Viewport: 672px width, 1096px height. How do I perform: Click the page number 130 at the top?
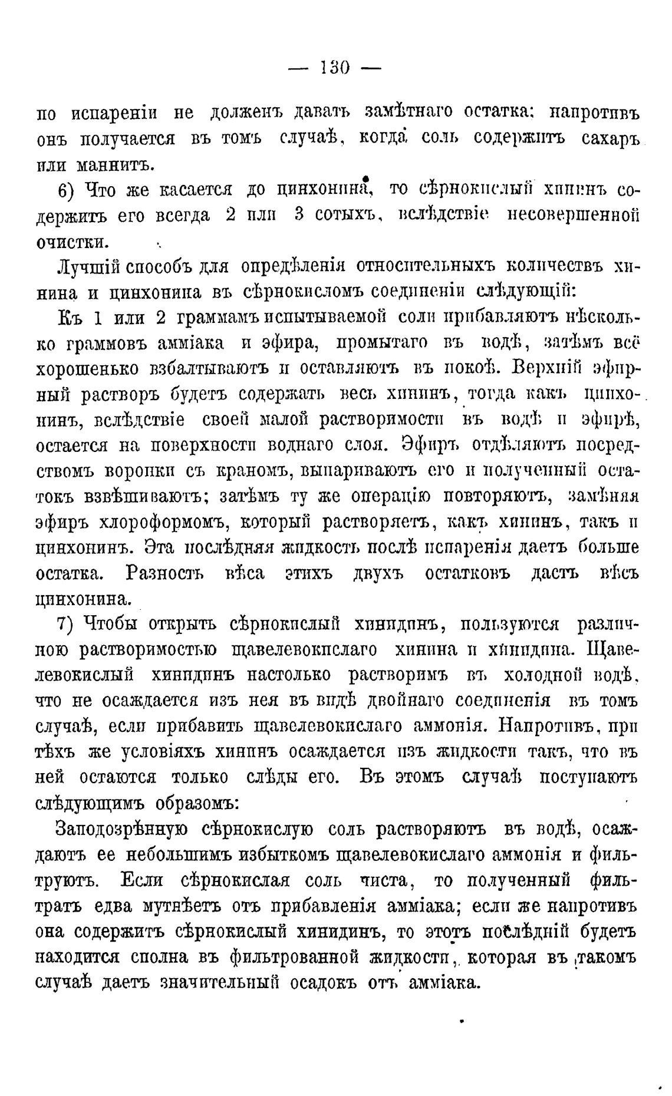click(x=335, y=67)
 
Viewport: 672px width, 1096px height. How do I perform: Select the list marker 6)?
click(x=67, y=190)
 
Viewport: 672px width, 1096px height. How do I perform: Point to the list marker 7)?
click(x=67, y=624)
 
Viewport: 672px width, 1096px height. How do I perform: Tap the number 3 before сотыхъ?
click(x=298, y=215)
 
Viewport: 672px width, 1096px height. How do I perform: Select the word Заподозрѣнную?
click(x=121, y=829)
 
